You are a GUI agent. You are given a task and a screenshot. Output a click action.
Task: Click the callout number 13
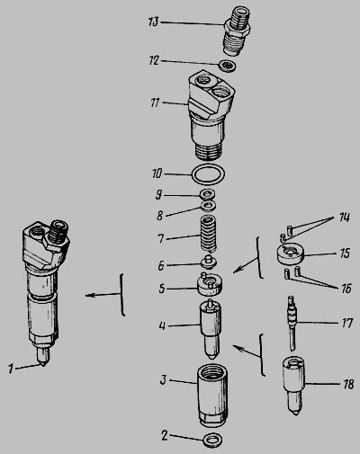point(153,22)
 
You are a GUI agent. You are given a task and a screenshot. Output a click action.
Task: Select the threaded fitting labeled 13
point(237,31)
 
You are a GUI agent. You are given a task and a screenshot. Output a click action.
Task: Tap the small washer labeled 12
point(228,66)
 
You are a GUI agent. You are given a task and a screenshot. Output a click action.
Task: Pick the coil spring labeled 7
point(209,234)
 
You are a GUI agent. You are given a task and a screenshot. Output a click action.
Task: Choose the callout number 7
point(161,238)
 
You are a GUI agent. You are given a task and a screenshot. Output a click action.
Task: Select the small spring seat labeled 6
point(209,262)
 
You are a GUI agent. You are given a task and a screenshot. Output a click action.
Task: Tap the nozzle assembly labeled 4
point(211,329)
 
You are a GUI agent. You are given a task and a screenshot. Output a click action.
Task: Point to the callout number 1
point(11,369)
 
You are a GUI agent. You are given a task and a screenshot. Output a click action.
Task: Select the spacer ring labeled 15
point(290,254)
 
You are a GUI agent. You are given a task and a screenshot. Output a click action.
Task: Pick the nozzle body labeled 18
point(293,385)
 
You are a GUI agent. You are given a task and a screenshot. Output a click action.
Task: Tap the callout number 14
point(345,217)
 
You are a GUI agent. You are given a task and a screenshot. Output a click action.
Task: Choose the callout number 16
point(346,289)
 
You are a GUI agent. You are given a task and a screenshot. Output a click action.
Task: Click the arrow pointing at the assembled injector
point(103,295)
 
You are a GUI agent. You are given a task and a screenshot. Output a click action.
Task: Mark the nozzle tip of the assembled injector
point(43,365)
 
